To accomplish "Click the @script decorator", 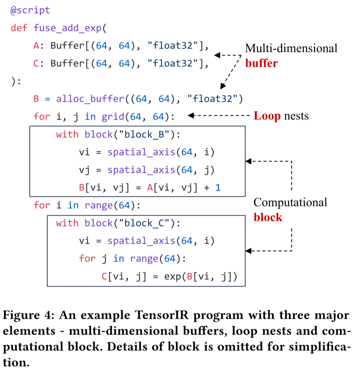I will pyautogui.click(x=30, y=10).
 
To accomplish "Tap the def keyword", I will pyautogui.click(x=19, y=28).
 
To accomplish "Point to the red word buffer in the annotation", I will pyautogui.click(x=261, y=63).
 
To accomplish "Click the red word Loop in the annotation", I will pyautogui.click(x=267, y=116).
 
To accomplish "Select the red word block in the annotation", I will pyautogui.click(x=268, y=217).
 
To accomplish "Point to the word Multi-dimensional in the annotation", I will pyautogui.click(x=291, y=48).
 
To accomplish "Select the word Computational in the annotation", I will pyautogui.click(x=290, y=202).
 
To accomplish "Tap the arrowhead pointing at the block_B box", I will pyautogui.click(x=248, y=161).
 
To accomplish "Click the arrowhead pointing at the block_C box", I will pyautogui.click(x=248, y=251).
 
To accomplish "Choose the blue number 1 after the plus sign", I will pyautogui.click(x=218, y=188).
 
